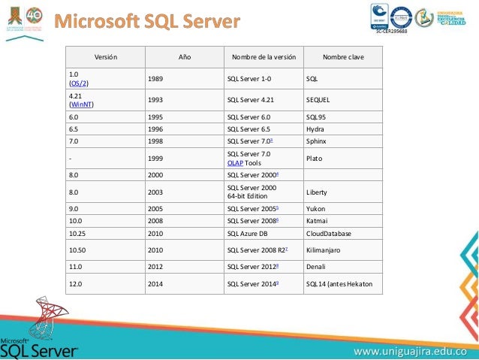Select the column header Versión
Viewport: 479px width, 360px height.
[105, 56]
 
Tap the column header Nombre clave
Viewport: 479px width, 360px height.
[341, 56]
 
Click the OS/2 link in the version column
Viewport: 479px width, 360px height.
[79, 83]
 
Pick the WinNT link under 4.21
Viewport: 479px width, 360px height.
[81, 104]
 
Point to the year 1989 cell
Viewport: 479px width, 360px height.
[157, 77]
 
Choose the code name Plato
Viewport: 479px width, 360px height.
[315, 158]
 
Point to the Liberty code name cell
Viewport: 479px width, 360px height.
[318, 192]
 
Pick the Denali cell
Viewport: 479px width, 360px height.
[316, 266]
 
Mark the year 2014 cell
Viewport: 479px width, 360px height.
[157, 283]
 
